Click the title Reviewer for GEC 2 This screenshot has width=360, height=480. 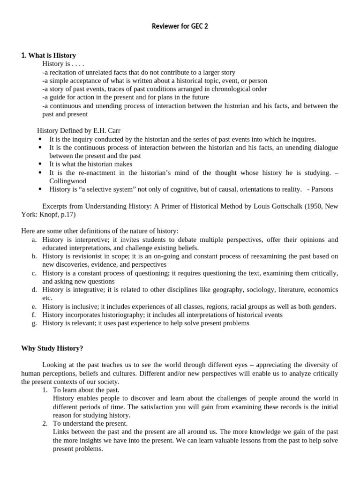(x=180, y=26)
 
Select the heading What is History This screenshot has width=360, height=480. (x=48, y=56)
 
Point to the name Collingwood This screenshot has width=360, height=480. (x=67, y=181)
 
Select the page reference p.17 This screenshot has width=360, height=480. (x=65, y=214)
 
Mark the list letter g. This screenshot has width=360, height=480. (x=34, y=323)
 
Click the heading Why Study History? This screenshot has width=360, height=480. (x=52, y=348)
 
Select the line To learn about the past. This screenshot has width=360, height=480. (x=86, y=390)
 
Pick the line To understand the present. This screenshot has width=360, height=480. (x=90, y=423)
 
